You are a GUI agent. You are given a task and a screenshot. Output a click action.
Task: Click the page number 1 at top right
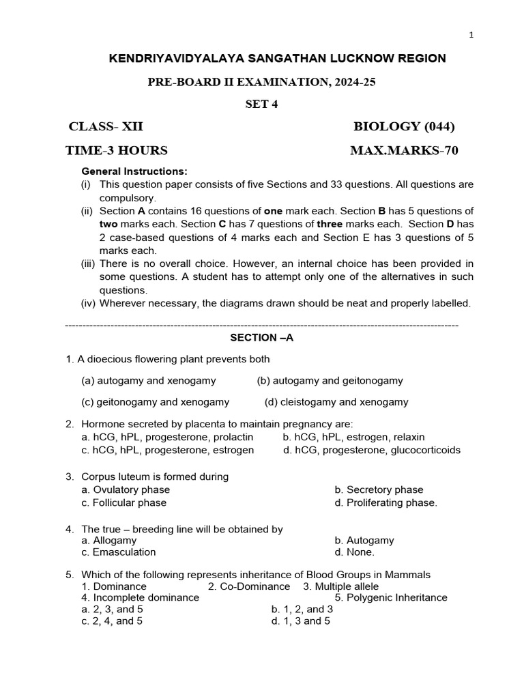471,36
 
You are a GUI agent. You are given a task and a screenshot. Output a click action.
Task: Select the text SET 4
261,104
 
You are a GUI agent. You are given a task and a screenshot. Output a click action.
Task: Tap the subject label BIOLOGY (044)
404,126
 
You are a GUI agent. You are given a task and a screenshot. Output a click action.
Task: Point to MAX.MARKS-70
404,150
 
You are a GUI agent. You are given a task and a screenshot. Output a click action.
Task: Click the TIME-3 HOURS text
116,150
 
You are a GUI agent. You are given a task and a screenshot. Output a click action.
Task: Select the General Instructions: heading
134,171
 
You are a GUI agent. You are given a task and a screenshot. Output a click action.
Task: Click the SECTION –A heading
261,338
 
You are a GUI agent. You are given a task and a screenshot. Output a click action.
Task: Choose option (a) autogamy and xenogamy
148,380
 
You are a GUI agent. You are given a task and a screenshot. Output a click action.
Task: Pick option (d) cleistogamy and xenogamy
336,402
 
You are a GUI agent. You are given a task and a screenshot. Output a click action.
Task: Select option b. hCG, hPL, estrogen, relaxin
353,437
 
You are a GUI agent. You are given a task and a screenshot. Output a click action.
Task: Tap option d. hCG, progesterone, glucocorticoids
372,450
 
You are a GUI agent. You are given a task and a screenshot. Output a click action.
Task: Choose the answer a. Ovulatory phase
126,489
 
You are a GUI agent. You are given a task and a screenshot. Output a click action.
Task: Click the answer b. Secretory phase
379,489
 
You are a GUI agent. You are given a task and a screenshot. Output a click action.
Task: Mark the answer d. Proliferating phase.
385,502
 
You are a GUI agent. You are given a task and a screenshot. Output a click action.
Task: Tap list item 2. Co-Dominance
248,586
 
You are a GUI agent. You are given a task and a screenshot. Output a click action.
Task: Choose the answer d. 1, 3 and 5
300,621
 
